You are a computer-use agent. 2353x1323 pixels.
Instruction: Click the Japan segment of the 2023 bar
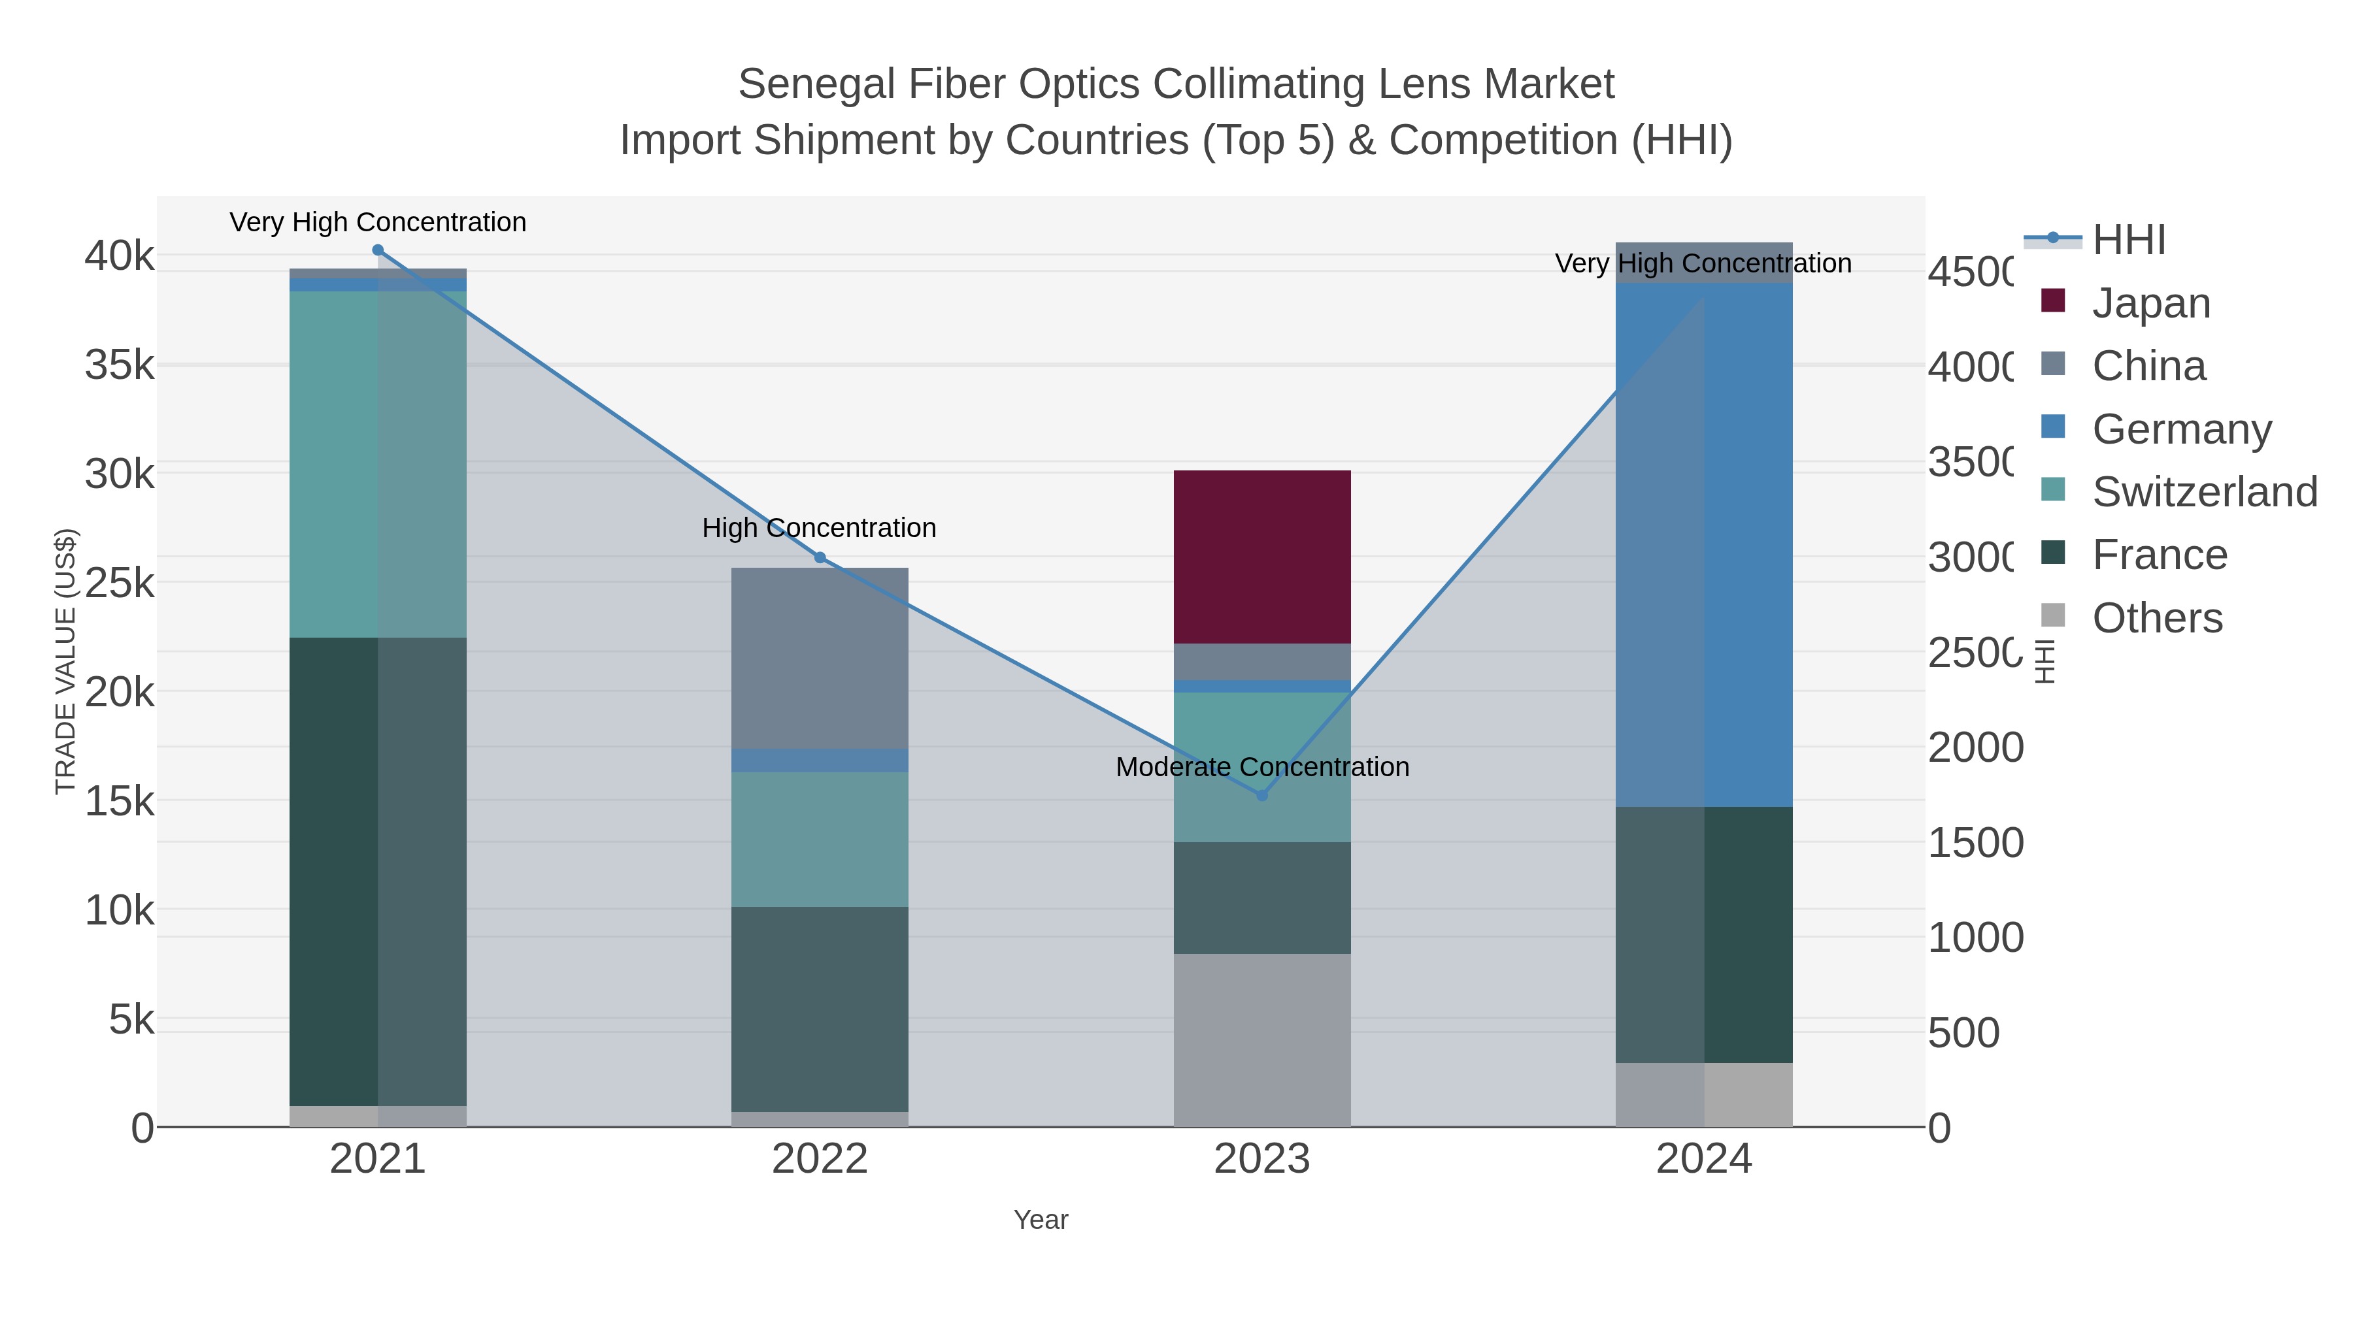(x=1261, y=556)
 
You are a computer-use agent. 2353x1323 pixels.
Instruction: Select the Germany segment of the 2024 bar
(x=1703, y=544)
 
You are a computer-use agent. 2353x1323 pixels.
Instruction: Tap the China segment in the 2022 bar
(x=820, y=657)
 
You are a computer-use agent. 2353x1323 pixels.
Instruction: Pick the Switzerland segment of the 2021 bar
(x=377, y=464)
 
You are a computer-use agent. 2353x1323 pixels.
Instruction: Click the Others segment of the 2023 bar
(x=1261, y=1040)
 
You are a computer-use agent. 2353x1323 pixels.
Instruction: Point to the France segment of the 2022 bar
(x=820, y=1008)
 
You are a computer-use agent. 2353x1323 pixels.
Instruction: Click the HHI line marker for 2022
(x=820, y=558)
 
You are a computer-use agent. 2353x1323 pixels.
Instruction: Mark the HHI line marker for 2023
(x=1262, y=795)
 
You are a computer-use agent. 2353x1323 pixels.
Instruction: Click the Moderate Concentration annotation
(x=1262, y=767)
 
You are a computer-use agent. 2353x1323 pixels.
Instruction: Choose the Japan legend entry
(x=2151, y=303)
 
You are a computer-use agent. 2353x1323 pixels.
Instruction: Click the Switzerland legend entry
(x=2204, y=492)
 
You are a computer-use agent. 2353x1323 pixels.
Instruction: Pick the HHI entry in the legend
(x=2128, y=240)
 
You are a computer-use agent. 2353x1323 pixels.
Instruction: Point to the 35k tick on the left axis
(x=120, y=365)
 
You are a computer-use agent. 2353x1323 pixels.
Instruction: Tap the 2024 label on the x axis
(x=1703, y=1160)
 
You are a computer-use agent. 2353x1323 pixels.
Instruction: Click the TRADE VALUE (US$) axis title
(x=66, y=661)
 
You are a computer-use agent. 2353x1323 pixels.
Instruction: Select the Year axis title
(x=1041, y=1220)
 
